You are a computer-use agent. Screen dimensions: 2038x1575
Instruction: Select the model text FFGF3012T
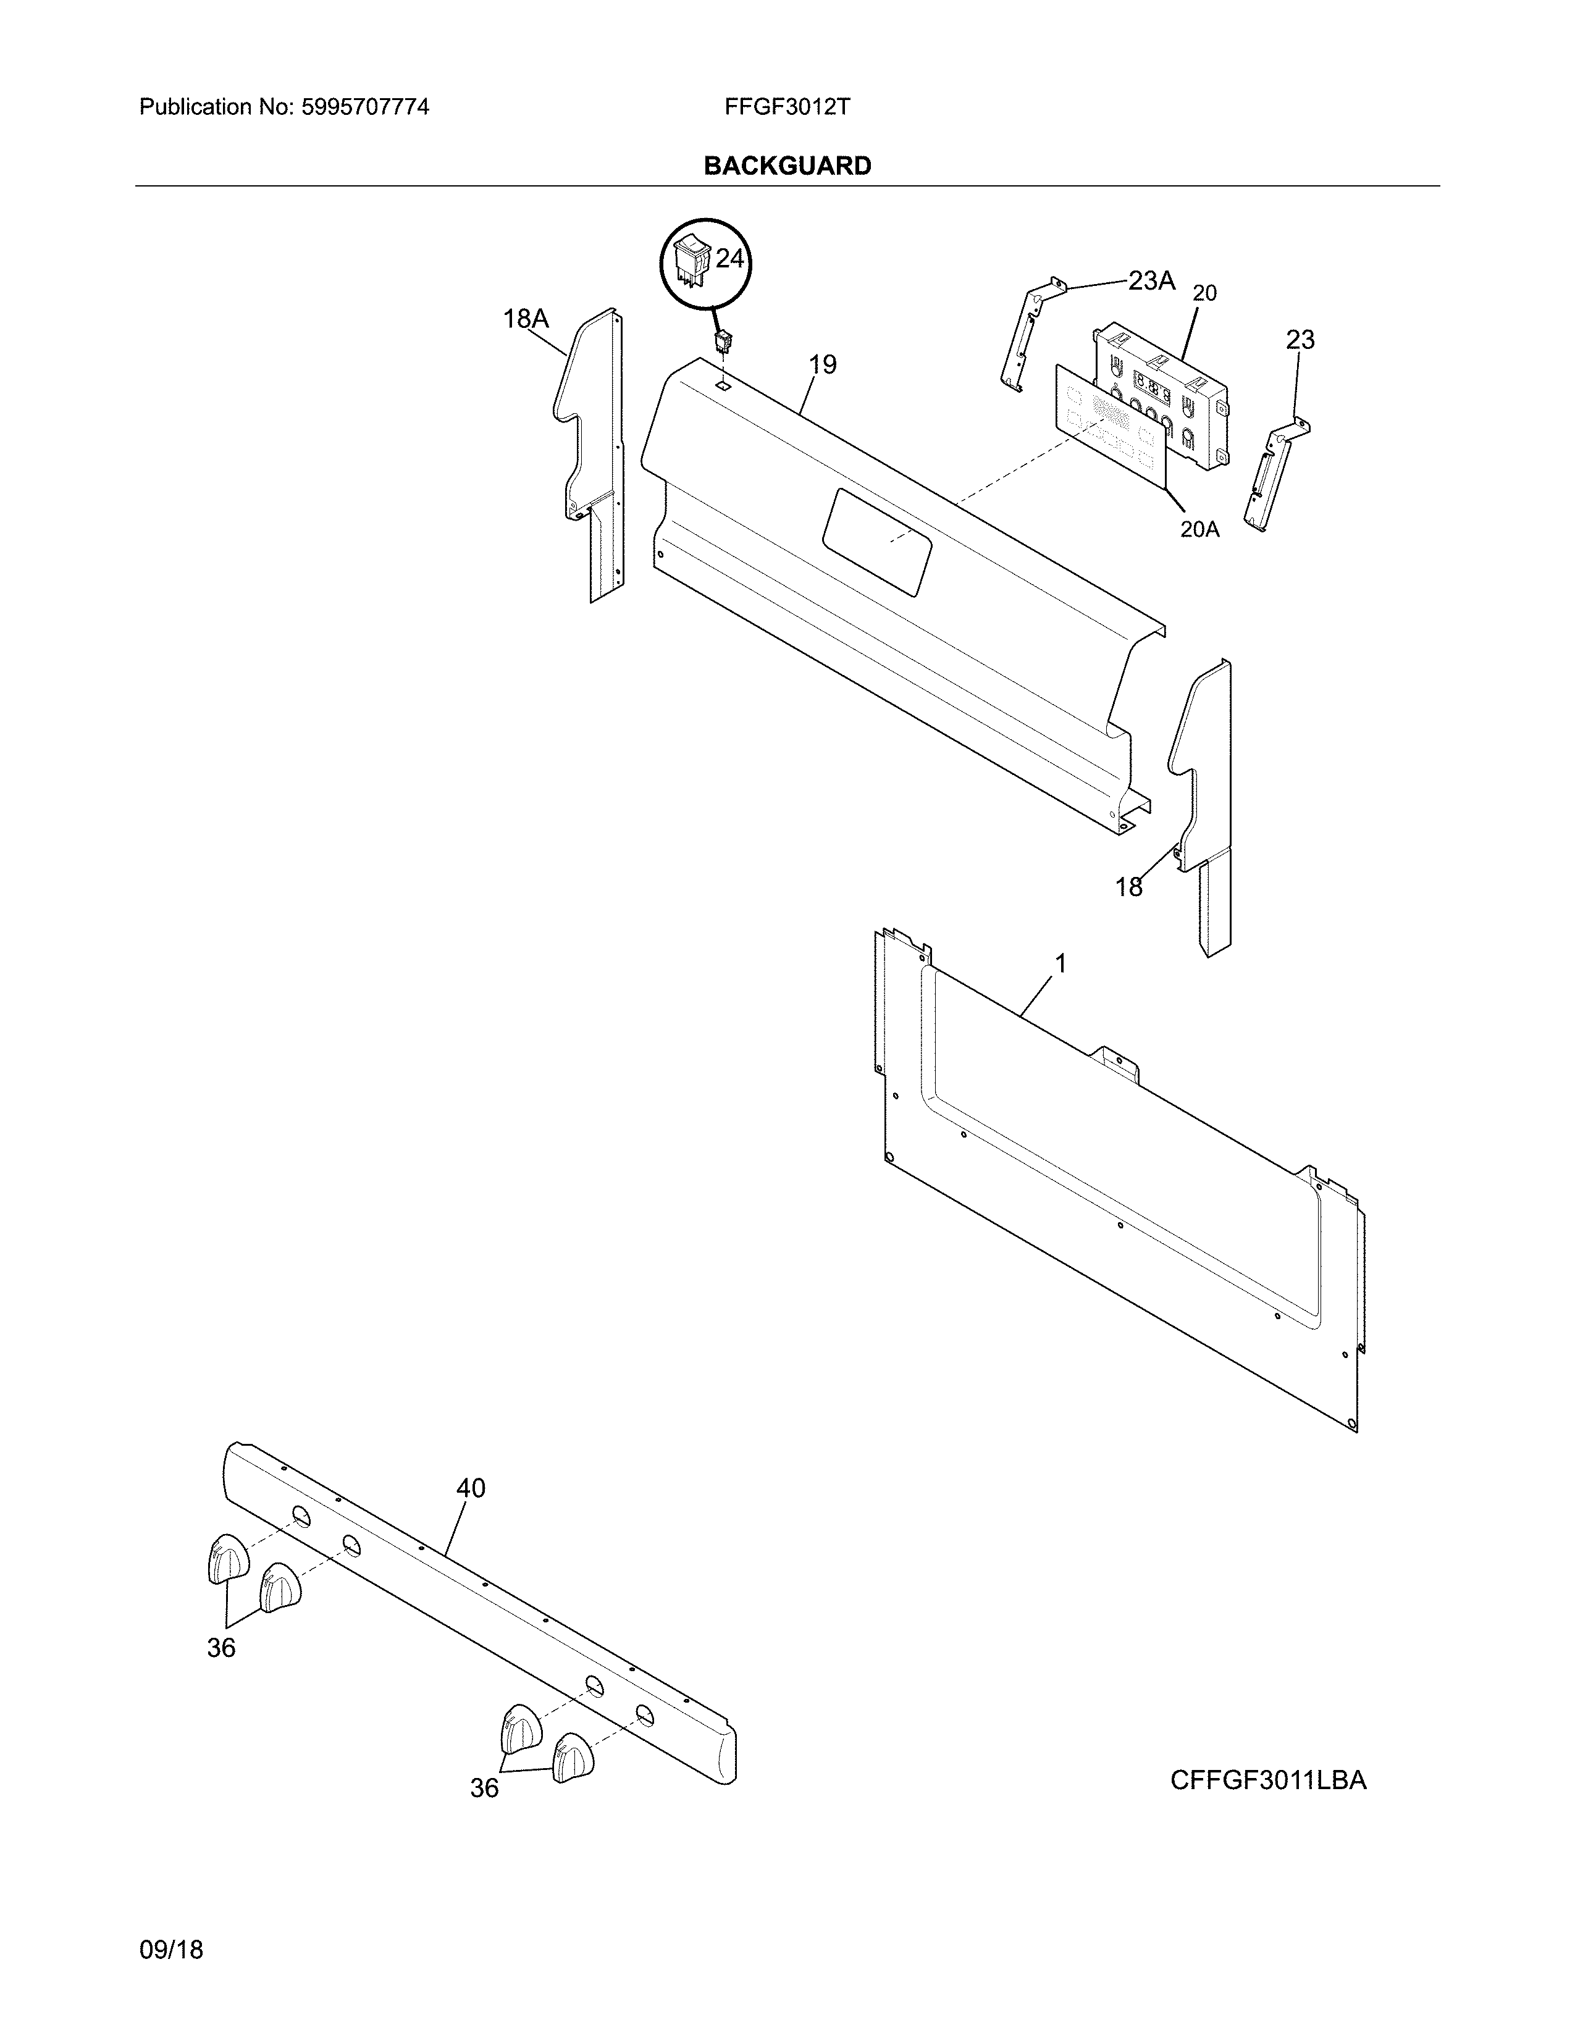[x=786, y=107]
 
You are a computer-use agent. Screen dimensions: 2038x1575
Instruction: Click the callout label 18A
[x=526, y=319]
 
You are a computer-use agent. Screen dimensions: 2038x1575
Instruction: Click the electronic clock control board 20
[x=1162, y=392]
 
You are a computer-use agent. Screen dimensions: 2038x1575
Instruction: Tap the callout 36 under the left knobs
[x=221, y=1648]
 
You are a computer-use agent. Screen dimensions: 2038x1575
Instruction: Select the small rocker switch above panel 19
[x=722, y=343]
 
